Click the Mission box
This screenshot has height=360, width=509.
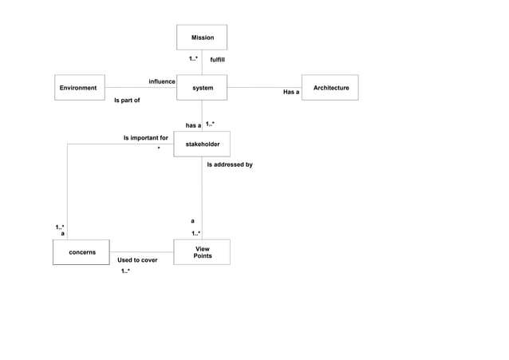coord(202,38)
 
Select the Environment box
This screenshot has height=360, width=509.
coord(79,88)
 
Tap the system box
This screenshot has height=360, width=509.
coord(202,88)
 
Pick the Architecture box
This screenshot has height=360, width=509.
coord(330,88)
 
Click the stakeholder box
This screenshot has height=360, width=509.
coord(202,144)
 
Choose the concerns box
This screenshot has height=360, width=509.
coord(81,252)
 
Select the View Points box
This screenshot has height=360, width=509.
coord(202,252)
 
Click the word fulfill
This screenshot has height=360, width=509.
coord(217,60)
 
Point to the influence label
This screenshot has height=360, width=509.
coord(162,81)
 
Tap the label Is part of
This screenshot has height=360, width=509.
coord(127,101)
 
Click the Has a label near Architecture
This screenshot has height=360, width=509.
coord(291,93)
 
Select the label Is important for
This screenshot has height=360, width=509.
coord(145,138)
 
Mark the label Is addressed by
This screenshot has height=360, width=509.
coord(230,164)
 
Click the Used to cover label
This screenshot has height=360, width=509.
coord(137,260)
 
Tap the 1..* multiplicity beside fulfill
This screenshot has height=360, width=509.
coord(194,59)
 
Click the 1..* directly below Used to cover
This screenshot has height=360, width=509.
coord(125,271)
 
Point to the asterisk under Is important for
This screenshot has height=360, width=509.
coord(159,148)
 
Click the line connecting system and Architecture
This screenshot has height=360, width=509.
coord(264,87)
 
